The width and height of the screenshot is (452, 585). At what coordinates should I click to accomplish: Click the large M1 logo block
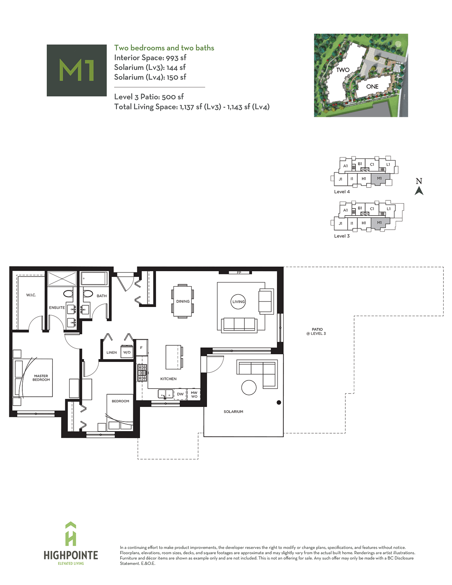[77, 70]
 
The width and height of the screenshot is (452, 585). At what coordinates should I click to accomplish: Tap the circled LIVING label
[238, 301]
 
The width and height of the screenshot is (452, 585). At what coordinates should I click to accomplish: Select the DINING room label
[183, 301]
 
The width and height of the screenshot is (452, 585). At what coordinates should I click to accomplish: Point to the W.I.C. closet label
[31, 295]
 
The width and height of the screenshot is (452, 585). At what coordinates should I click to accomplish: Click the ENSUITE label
[57, 307]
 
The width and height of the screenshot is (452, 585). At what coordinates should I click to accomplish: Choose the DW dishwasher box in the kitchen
[180, 394]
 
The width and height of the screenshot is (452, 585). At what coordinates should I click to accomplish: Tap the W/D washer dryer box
[127, 352]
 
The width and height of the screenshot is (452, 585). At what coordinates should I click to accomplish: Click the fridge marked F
[141, 347]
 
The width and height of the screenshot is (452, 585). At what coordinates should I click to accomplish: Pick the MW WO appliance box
[194, 394]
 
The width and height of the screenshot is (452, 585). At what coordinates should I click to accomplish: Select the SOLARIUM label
[233, 412]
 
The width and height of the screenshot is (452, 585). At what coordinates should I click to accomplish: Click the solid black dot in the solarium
[279, 402]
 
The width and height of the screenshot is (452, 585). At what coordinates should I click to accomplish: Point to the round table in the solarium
[249, 388]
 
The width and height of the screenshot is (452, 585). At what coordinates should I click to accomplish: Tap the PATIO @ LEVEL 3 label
[317, 331]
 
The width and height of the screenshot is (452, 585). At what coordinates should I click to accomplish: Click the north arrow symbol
[419, 191]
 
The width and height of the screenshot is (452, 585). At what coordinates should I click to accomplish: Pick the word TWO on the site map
[343, 70]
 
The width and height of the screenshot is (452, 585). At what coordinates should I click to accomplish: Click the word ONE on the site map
[372, 87]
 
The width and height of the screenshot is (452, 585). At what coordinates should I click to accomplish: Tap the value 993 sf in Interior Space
[176, 57]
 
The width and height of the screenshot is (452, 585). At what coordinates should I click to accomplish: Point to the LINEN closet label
[111, 352]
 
